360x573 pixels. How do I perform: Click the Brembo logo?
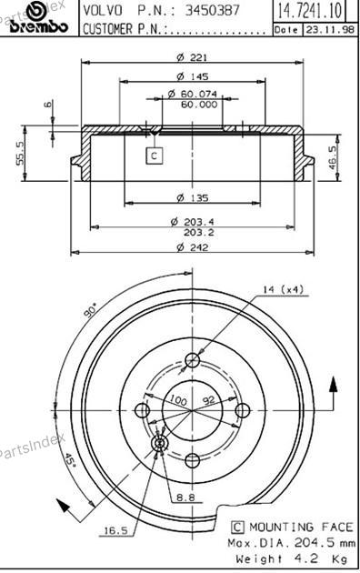(38, 19)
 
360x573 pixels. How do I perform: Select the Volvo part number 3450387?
(212, 10)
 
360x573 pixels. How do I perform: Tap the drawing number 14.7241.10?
(310, 10)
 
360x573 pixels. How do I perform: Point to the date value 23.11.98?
(330, 29)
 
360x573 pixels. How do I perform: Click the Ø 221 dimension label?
(192, 57)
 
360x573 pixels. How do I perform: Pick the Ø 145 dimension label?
(193, 76)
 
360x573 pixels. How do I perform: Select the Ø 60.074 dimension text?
(193, 94)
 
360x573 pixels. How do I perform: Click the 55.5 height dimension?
(20, 153)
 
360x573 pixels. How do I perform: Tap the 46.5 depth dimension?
(332, 157)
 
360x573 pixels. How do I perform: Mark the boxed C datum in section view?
(154, 156)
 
